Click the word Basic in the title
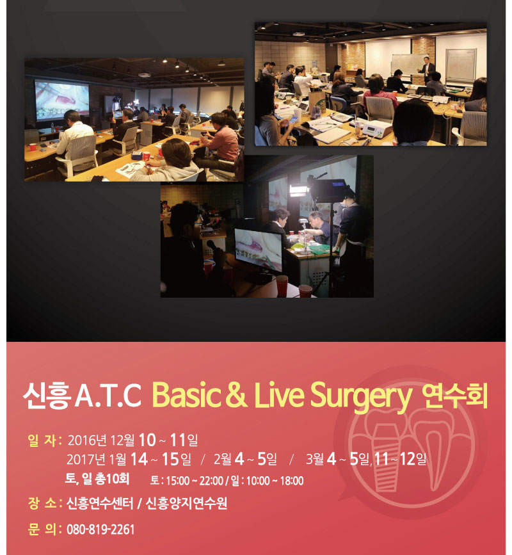point(186,395)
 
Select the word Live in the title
point(279,395)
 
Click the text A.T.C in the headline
point(108,396)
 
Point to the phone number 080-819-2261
point(100,529)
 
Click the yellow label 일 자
point(45,440)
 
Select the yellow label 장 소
point(45,503)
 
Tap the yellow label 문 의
point(45,529)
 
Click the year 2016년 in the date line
point(87,440)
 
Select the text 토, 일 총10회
point(97,479)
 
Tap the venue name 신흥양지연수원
point(186,503)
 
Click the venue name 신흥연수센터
point(100,503)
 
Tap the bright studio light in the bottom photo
point(300,190)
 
